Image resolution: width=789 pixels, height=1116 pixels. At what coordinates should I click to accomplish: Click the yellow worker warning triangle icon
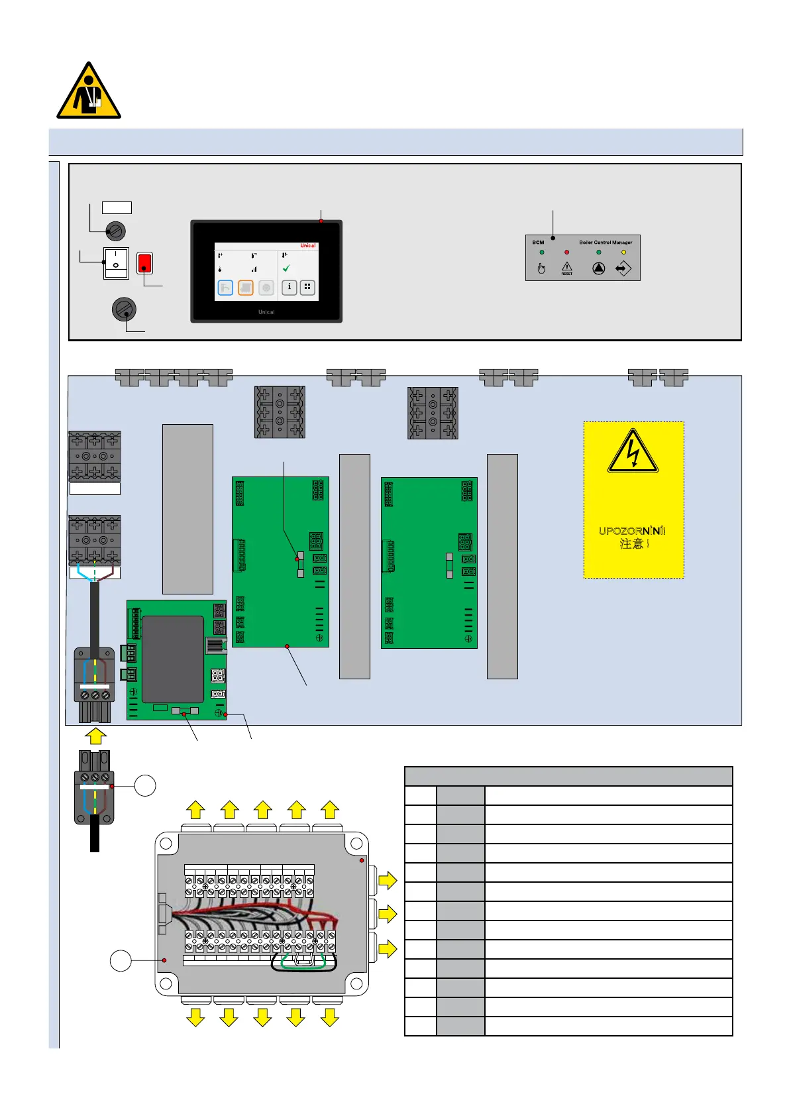tap(88, 93)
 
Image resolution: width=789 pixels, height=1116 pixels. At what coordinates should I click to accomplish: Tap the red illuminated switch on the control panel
tap(144, 263)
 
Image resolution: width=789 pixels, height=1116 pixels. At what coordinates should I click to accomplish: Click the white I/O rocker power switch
tap(116, 262)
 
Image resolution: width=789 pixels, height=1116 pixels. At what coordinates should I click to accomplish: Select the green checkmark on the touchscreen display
tap(286, 268)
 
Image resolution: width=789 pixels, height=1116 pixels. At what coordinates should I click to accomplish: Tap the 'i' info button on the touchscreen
tap(289, 287)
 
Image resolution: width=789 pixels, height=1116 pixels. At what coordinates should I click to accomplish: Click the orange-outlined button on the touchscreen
tap(246, 288)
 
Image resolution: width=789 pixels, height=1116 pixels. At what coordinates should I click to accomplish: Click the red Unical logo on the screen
tap(308, 246)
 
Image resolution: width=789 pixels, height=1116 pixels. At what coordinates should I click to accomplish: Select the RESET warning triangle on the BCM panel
tap(567, 268)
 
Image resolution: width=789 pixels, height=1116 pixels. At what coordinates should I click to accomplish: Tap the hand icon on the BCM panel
tap(541, 268)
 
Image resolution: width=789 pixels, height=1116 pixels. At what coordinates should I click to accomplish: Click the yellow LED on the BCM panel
tap(623, 252)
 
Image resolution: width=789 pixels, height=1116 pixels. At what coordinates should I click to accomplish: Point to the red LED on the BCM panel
tap(566, 252)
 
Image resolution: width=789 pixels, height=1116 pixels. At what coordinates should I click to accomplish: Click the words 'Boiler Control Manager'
tap(605, 243)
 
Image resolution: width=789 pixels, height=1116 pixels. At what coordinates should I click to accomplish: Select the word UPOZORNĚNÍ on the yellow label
tap(632, 531)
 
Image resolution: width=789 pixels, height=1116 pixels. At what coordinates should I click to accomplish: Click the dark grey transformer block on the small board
tap(173, 659)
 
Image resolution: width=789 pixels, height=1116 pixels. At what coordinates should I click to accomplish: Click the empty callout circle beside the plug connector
tap(145, 786)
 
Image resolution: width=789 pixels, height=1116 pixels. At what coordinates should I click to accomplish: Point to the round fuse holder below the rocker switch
tap(124, 309)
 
